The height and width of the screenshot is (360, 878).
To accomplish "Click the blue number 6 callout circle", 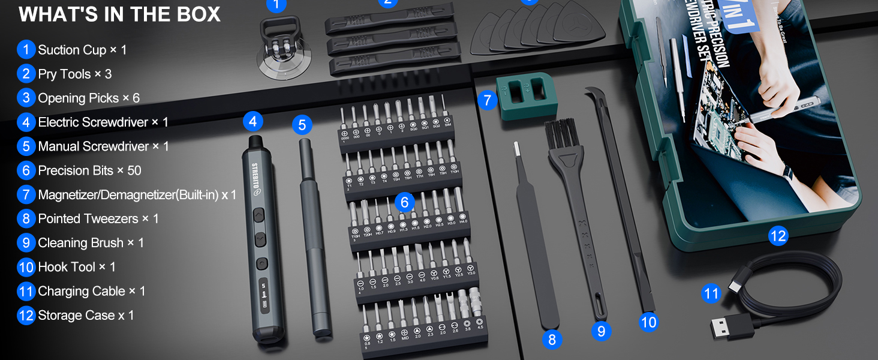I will pyautogui.click(x=405, y=202).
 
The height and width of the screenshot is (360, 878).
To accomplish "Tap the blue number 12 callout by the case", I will pyautogui.click(x=777, y=236).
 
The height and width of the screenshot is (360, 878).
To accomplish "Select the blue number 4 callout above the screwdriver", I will pyautogui.click(x=253, y=122).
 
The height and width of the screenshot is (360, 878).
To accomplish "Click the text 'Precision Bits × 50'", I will pyautogui.click(x=89, y=170).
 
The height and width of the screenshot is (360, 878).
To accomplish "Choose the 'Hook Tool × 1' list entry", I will pyautogui.click(x=77, y=267).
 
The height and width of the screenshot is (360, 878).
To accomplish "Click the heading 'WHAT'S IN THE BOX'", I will pyautogui.click(x=120, y=14).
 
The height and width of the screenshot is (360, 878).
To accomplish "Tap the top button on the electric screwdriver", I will pyautogui.click(x=259, y=214).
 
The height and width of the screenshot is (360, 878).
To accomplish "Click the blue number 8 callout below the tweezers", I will pyautogui.click(x=552, y=340).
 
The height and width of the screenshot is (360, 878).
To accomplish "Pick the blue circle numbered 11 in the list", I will pyautogui.click(x=26, y=291).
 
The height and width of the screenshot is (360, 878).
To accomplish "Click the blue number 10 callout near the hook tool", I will pyautogui.click(x=649, y=322).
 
